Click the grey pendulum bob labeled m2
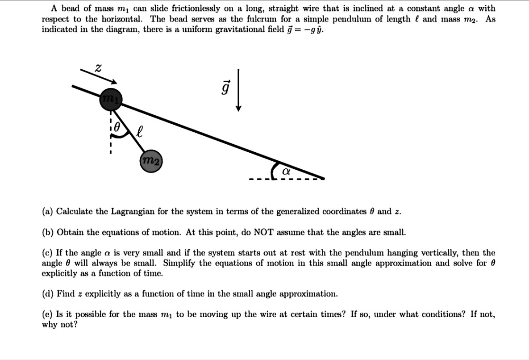pyautogui.click(x=151, y=161)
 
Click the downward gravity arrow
pyautogui.click(x=239, y=90)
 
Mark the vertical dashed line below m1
pyautogui.click(x=109, y=134)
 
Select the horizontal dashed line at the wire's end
pyautogui.click(x=286, y=180)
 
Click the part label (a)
pyautogui.click(x=47, y=211)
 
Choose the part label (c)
pyautogui.click(x=47, y=253)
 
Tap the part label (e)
pyautogui.click(x=47, y=314)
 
